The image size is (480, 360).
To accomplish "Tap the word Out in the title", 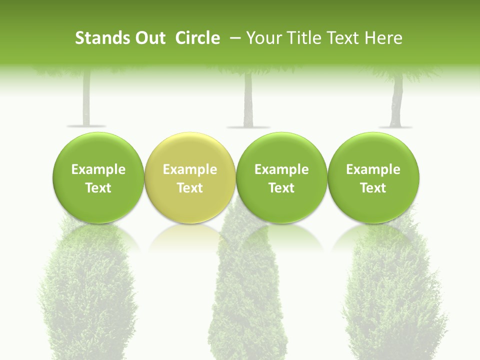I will (149, 38).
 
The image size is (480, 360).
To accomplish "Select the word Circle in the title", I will (197, 38).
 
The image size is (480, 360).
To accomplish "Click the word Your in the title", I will (264, 38).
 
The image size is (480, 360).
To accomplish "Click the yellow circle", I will (190, 177).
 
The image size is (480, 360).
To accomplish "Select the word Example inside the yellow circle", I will (190, 169).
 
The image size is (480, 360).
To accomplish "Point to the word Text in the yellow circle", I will (190, 188).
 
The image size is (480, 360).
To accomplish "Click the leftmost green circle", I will (98, 177).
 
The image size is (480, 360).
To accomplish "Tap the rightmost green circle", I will (373, 177).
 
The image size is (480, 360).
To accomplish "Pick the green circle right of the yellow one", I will (281, 177).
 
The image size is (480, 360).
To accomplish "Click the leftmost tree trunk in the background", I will (86, 100).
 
